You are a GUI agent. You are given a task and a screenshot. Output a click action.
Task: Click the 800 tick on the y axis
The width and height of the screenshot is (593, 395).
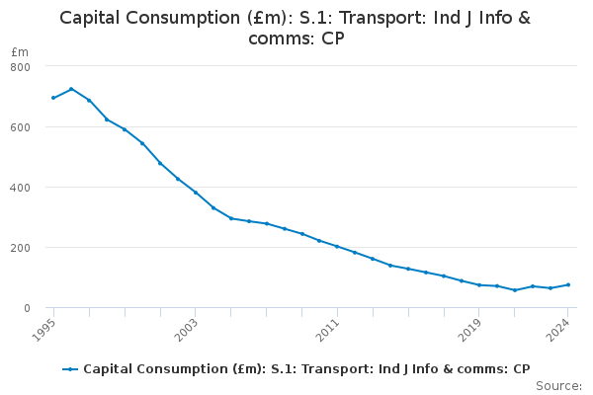pos(22,66)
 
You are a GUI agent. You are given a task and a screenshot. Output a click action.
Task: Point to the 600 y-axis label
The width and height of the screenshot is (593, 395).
pos(22,127)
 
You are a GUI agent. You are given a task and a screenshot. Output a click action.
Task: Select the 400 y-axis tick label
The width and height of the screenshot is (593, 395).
pos(22,188)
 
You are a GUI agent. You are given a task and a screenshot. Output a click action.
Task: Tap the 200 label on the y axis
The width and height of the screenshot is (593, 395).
pos(22,248)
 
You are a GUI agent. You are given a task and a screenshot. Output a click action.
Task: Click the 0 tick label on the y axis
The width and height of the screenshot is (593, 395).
pos(28,308)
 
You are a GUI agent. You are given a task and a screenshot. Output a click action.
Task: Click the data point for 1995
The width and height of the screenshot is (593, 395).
pos(53,98)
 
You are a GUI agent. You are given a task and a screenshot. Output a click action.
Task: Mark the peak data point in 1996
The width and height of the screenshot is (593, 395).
pos(71,89)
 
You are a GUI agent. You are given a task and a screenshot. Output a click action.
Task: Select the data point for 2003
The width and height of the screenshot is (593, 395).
pos(196,193)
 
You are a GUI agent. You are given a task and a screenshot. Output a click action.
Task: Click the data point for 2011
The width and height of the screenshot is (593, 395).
pos(337,247)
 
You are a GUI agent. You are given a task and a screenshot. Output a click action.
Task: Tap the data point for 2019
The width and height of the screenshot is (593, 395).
pos(479,285)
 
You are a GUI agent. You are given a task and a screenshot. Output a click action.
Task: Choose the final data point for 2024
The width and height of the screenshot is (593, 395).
pos(568,284)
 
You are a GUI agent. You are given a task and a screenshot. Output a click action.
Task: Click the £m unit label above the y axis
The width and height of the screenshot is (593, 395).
pos(20,51)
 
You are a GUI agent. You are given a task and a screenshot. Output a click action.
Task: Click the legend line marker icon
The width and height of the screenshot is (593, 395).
pos(70,369)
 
